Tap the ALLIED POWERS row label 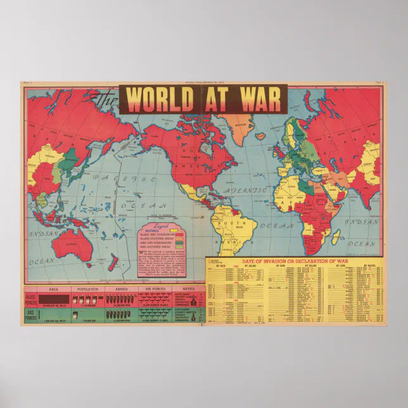tap(30, 297)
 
